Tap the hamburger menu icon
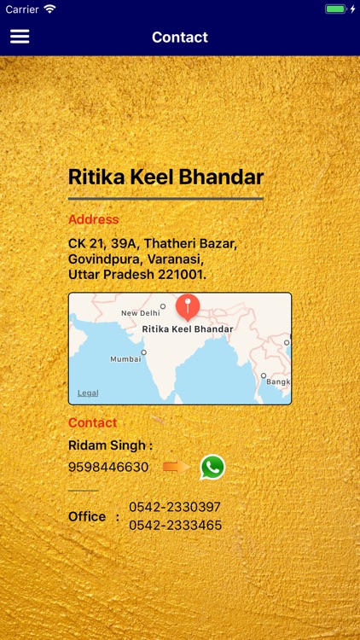20,37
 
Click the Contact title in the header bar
180,37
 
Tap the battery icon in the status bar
335,9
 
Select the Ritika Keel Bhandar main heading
165,177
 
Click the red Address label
93,219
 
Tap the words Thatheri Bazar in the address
190,243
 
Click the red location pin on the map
187,306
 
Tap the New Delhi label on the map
141,313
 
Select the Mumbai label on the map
125,359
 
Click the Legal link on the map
88,393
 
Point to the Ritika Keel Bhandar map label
187,329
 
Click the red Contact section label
92,422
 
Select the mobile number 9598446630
108,467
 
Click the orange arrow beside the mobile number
176,467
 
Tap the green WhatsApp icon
212,467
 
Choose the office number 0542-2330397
175,507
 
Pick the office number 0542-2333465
175,525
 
